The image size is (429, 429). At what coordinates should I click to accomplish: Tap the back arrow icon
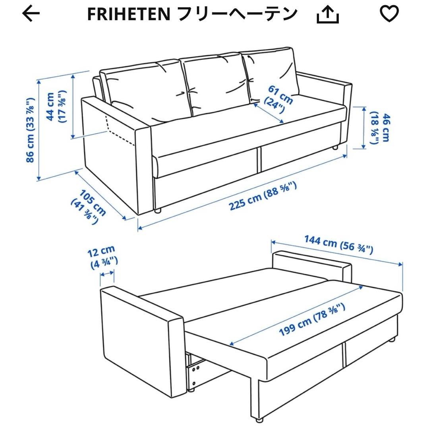[31, 15]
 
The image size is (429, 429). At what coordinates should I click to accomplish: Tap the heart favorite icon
[390, 14]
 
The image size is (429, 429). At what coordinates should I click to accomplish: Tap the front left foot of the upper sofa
[158, 211]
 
